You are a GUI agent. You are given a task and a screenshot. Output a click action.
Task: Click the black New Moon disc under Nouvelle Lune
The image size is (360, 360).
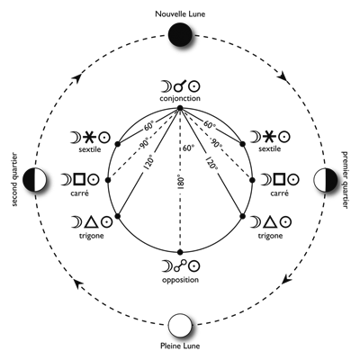180,35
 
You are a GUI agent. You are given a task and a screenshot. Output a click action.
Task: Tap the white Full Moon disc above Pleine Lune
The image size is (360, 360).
180,326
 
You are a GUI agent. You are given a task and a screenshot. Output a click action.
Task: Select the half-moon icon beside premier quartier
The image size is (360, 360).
325,180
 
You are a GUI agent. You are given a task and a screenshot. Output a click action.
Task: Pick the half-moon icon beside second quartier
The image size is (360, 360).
34,180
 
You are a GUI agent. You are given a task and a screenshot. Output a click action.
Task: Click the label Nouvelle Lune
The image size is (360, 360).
180,14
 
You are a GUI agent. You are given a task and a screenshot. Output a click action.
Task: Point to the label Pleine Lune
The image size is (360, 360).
180,346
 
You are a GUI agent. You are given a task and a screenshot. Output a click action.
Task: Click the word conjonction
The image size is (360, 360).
180,98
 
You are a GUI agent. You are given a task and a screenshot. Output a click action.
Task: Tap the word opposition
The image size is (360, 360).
180,280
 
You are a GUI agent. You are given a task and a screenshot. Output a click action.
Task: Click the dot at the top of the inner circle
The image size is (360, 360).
180,108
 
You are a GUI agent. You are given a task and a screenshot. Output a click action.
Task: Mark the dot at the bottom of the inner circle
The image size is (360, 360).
180,252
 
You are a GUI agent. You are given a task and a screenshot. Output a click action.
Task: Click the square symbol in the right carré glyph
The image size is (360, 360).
279,179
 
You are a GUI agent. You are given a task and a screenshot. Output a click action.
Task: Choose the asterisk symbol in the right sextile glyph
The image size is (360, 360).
270,137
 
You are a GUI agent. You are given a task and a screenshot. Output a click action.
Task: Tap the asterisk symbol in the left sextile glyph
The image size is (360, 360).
90,138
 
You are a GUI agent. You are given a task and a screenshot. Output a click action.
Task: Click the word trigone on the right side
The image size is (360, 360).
270,236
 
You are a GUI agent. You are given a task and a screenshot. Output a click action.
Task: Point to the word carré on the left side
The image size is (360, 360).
80,193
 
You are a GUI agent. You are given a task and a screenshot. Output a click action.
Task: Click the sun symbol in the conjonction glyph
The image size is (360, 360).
194,86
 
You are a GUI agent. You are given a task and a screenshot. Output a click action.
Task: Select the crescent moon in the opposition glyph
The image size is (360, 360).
166,265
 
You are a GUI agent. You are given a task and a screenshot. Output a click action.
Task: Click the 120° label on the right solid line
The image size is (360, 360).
211,162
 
